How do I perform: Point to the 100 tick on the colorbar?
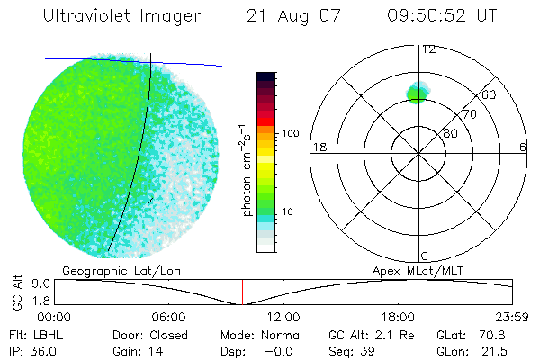pyautogui.click(x=291, y=133)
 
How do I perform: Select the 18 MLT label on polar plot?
pyautogui.click(x=318, y=147)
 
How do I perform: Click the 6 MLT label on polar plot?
pyautogui.click(x=523, y=147)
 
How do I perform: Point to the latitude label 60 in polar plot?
pyautogui.click(x=490, y=94)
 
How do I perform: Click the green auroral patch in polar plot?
pyautogui.click(x=416, y=92)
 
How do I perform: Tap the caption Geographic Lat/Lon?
pyautogui.click(x=107, y=269)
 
